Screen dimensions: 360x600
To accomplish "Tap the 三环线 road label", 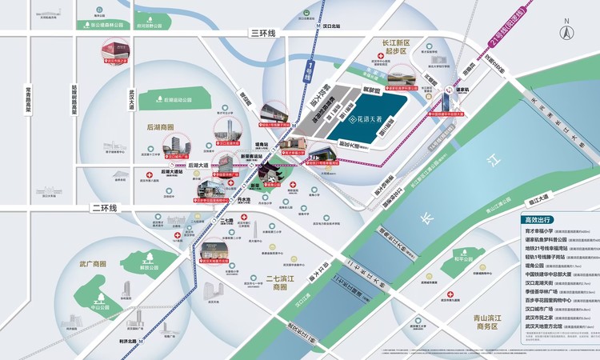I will point(262,33).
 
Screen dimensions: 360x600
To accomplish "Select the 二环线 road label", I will point(104,208).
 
